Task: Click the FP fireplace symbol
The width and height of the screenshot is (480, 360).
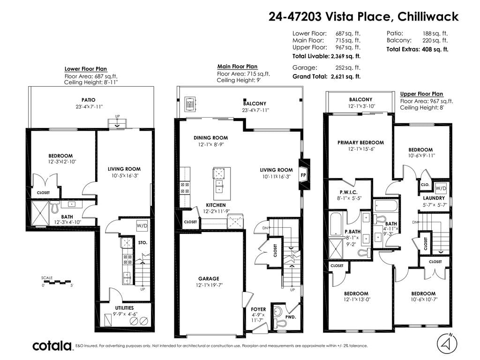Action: coord(303,175)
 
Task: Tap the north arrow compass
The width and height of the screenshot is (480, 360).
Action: coord(447,343)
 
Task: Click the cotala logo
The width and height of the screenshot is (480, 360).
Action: coord(52,345)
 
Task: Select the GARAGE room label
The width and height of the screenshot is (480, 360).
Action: coord(209,278)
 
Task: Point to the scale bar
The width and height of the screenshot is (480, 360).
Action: coord(57,281)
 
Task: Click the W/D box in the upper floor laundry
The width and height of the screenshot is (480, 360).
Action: coord(441,188)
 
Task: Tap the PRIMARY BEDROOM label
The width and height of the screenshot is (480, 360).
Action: coord(360,142)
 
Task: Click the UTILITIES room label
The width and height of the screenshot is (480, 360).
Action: coord(124,307)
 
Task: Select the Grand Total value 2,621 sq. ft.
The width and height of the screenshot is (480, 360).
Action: coord(345,76)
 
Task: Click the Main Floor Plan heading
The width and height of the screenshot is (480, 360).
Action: coord(237,67)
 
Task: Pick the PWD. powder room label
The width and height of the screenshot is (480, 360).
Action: coord(291,317)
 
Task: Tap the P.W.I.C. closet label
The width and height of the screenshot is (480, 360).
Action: coord(348,192)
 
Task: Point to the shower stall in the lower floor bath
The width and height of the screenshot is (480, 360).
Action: coord(40,213)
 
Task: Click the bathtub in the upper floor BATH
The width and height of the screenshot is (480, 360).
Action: coord(386,206)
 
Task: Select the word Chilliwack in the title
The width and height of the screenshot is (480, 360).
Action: coord(428,16)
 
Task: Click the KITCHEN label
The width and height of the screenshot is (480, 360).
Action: coord(216,205)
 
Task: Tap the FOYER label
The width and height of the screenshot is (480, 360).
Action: coord(258,309)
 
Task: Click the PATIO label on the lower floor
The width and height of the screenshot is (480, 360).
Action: coord(88,100)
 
